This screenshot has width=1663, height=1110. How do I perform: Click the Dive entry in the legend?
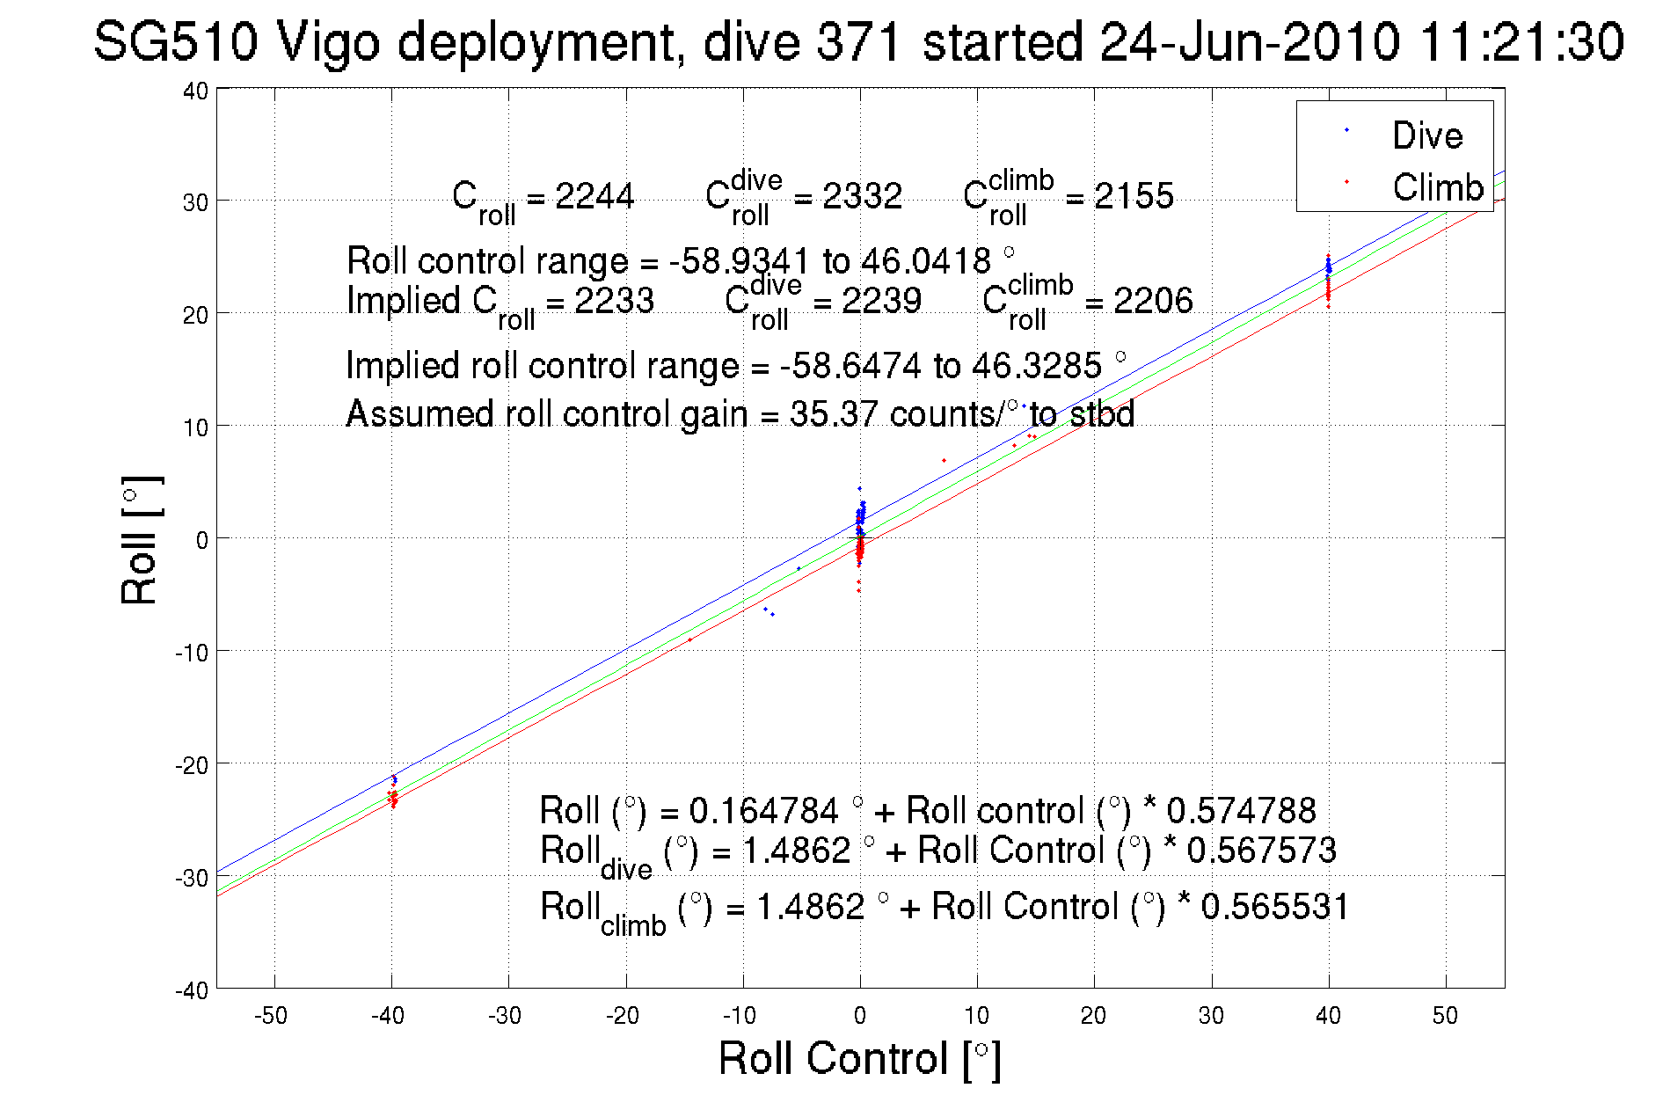point(1426,135)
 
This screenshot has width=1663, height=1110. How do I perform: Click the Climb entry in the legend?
point(1437,187)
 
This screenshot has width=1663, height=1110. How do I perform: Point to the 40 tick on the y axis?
point(195,91)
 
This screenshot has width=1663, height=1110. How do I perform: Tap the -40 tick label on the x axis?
point(388,1016)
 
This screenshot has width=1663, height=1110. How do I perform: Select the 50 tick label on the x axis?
point(1445,1016)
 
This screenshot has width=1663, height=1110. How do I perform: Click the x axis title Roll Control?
point(858,1058)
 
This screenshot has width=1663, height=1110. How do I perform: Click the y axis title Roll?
point(141,541)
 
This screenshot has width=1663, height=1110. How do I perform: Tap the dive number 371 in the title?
point(858,42)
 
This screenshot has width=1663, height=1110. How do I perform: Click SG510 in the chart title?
point(176,42)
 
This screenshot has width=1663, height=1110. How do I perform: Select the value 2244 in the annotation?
point(594,195)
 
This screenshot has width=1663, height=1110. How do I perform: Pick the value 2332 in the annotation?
point(862,195)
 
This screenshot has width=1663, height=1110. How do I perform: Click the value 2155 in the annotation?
point(1134,195)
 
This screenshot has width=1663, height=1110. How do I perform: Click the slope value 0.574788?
point(1241,810)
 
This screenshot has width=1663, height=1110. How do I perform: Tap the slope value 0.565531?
point(1274,907)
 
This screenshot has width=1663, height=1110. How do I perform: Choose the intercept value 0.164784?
point(763,810)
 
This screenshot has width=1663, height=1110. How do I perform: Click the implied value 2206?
point(1153,301)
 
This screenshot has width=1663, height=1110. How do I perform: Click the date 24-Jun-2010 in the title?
point(1249,42)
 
